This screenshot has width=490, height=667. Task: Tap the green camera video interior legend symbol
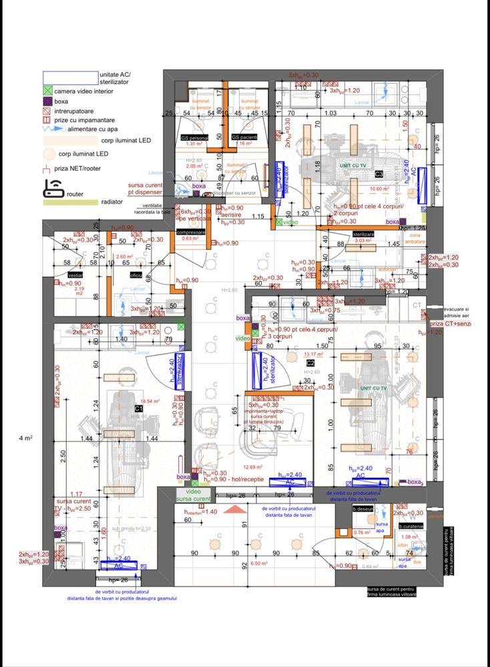point(47,91)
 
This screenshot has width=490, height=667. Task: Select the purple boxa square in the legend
point(47,101)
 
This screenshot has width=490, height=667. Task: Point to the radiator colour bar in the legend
point(70,202)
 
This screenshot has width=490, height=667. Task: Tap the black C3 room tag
point(379,174)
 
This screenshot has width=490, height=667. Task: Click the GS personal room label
point(194,138)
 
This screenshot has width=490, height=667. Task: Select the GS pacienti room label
point(245,138)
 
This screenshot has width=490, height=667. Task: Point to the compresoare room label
point(190,232)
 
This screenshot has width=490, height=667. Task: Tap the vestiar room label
point(75,274)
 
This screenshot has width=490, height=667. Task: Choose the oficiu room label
point(136,274)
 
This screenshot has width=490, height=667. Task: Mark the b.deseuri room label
point(364,509)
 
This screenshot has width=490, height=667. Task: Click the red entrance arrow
point(233,509)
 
